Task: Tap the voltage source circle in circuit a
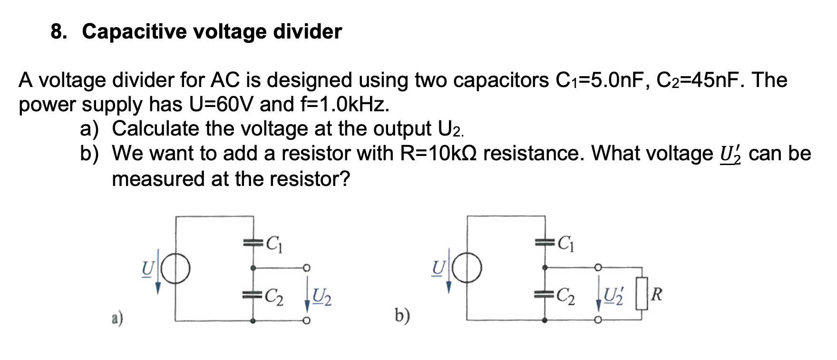tap(176, 269)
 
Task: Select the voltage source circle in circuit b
tap(467, 269)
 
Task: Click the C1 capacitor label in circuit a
tap(275, 244)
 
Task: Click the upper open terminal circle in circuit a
tap(307, 267)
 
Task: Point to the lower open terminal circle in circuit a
tap(307, 321)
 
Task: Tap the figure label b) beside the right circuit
tap(402, 315)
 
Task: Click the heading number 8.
tap(58, 32)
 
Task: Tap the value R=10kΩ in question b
tap(439, 154)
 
